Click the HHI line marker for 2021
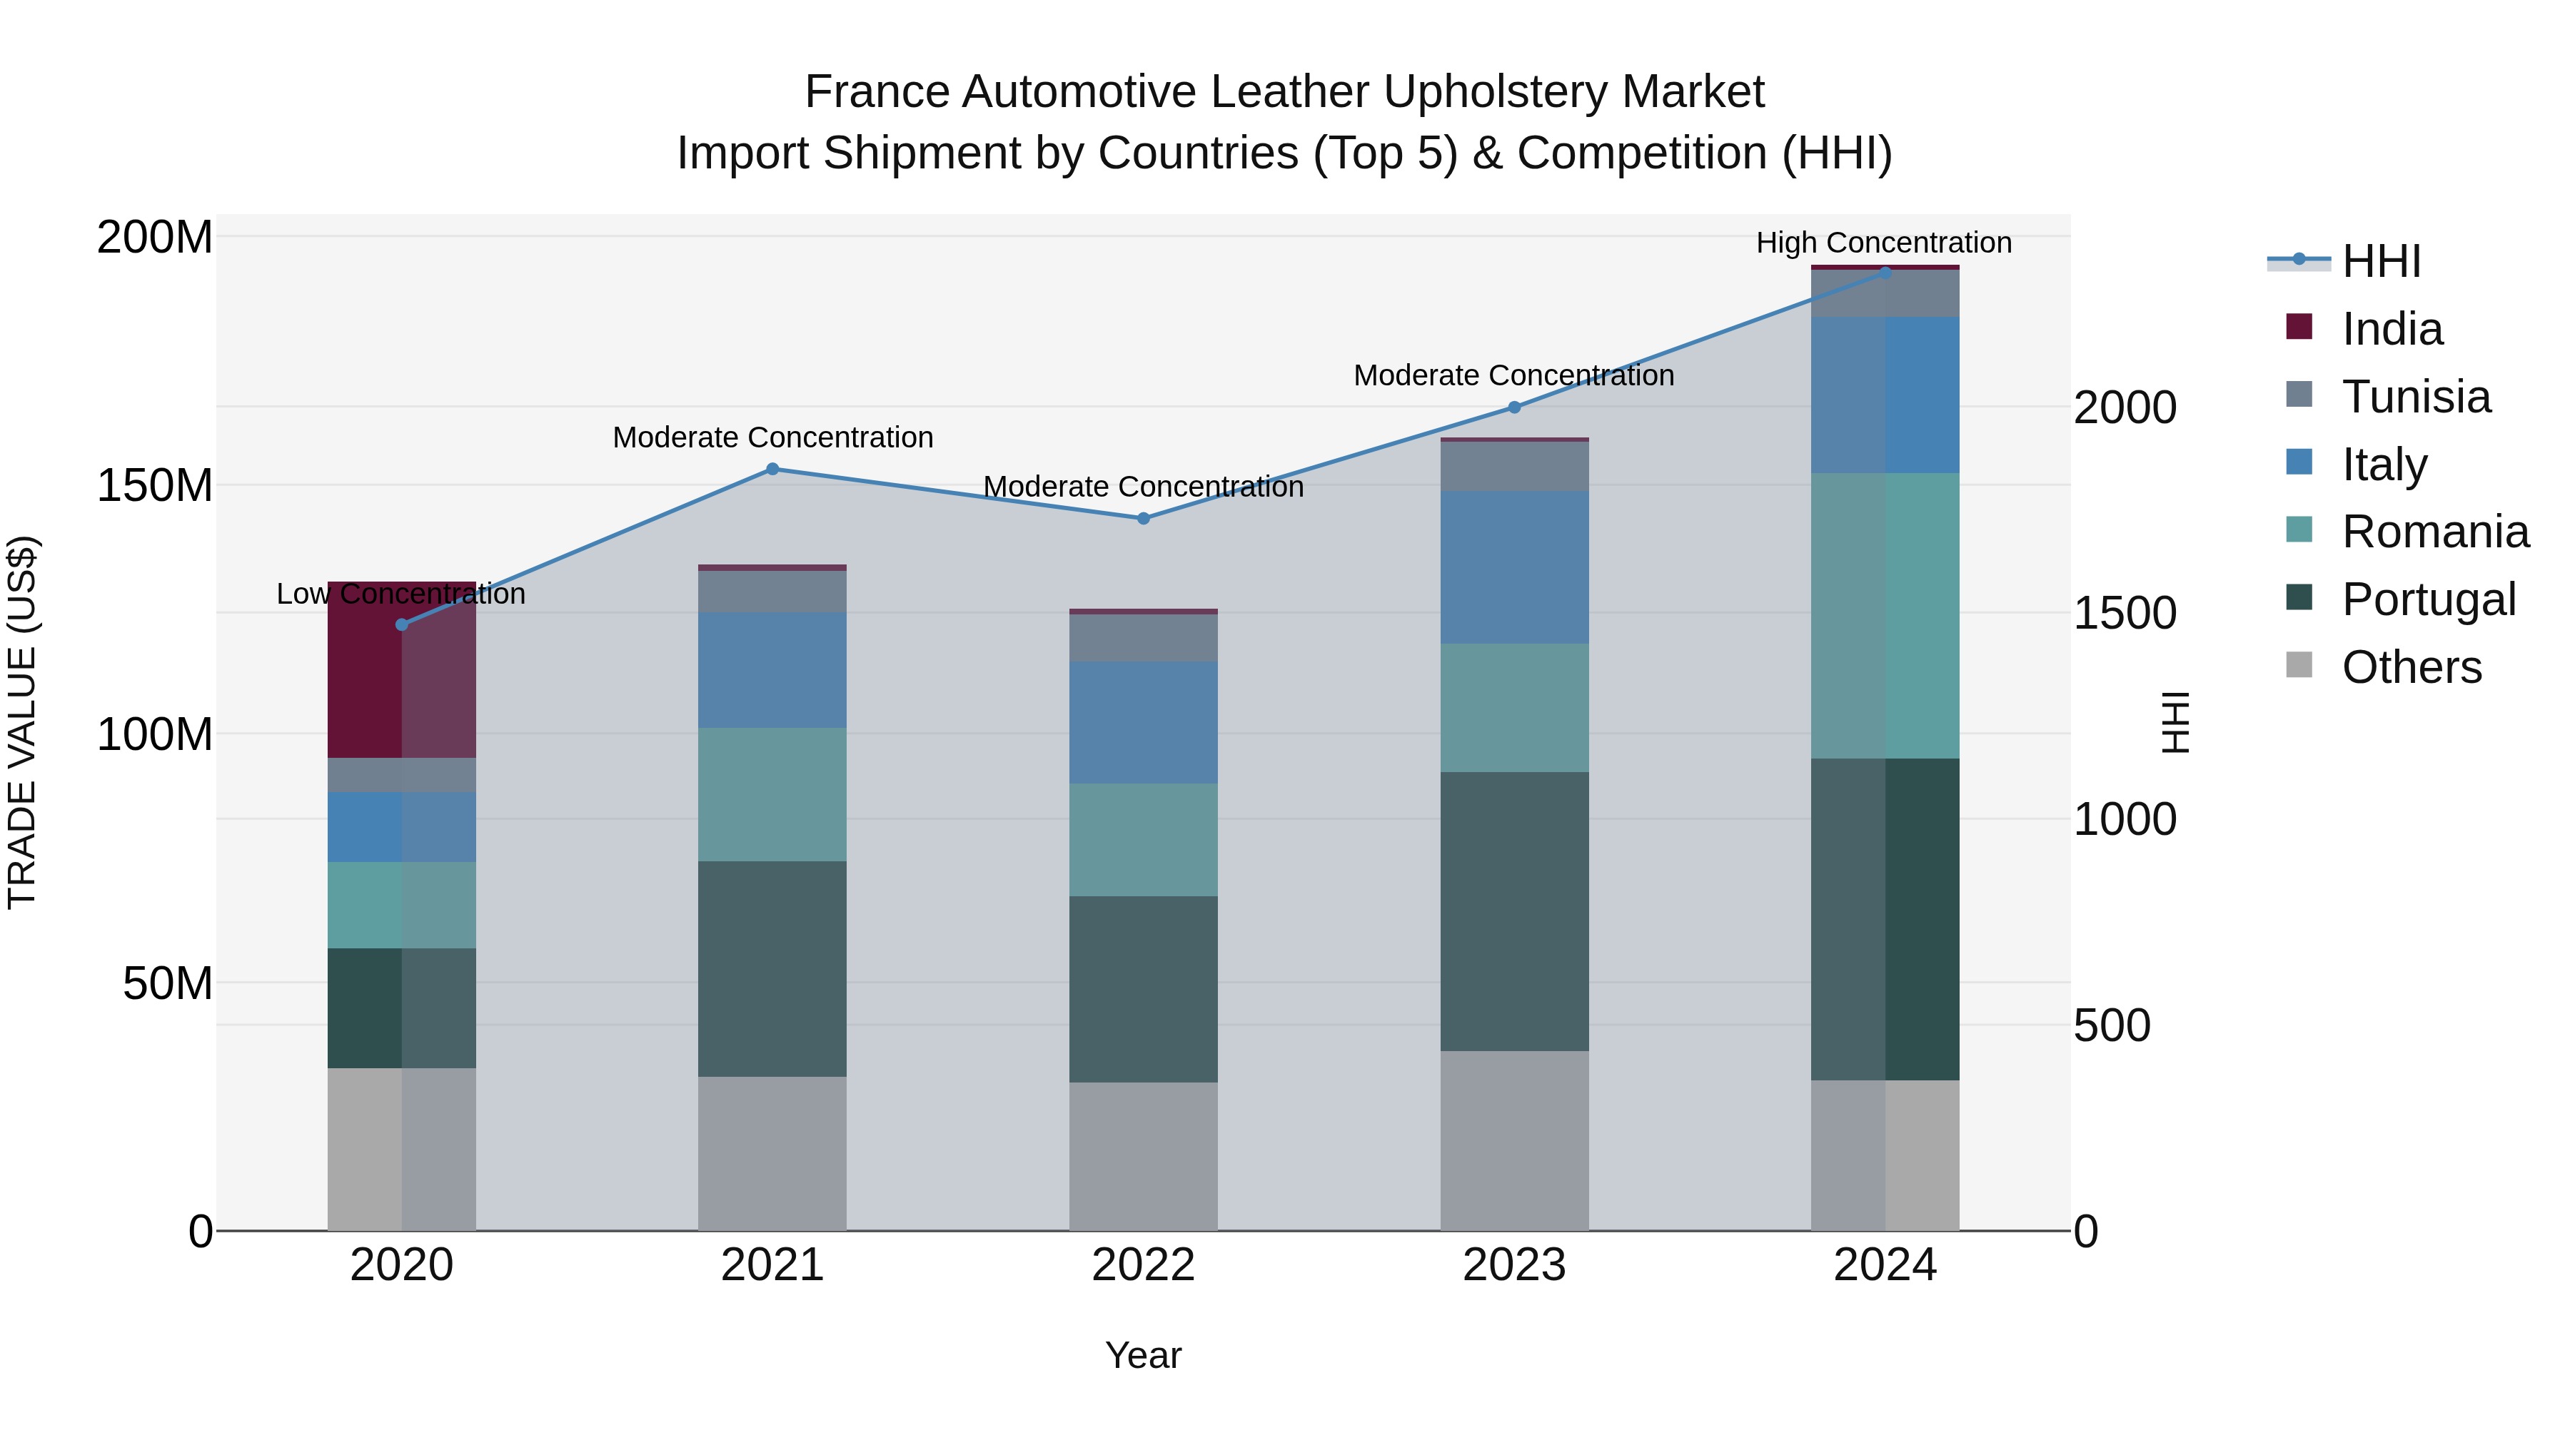(772, 469)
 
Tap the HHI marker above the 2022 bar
(1144, 519)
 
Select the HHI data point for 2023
(1514, 407)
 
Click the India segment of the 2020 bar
(401, 678)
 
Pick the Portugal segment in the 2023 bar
(1514, 911)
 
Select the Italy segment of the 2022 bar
(1144, 722)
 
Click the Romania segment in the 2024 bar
(1885, 615)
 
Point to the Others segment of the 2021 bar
(772, 1153)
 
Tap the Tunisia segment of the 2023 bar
(1514, 466)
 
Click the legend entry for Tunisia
(2415, 397)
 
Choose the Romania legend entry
(2434, 532)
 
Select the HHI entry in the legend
(2380, 261)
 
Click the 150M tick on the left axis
(155, 486)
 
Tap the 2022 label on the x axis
(1144, 1265)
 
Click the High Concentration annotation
(1884, 243)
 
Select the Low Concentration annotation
(401, 594)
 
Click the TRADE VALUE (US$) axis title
(22, 722)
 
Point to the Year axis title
(1144, 1355)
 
